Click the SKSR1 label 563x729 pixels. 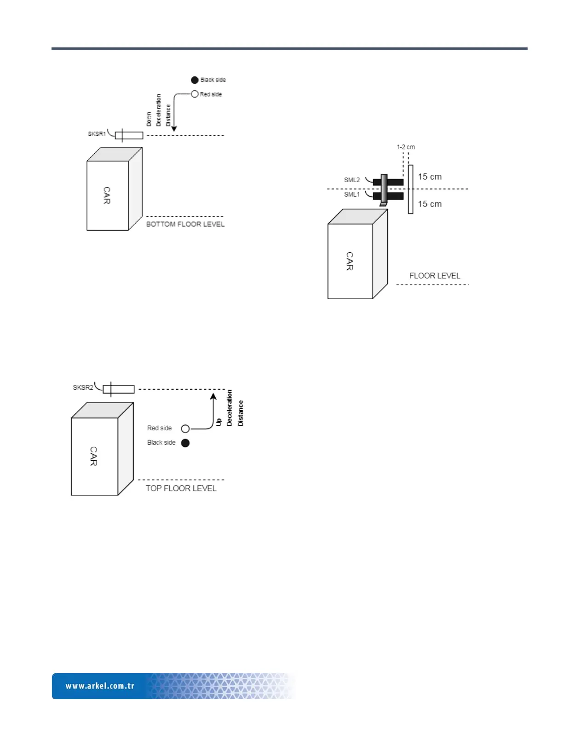[x=97, y=134]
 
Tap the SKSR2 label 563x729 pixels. [x=83, y=388]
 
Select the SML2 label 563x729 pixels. [x=352, y=180]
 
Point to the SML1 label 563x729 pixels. [x=352, y=195]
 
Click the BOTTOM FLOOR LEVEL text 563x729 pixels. [x=185, y=224]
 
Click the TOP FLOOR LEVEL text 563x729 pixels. [x=181, y=488]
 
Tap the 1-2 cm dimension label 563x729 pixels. [x=406, y=147]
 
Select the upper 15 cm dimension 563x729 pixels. [x=430, y=177]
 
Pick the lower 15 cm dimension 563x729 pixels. [x=430, y=204]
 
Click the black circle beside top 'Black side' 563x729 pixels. [x=195, y=80]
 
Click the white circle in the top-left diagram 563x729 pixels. [x=195, y=94]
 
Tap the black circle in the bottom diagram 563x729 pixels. [x=185, y=443]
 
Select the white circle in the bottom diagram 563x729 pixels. [x=185, y=429]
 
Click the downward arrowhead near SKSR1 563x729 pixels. [x=174, y=129]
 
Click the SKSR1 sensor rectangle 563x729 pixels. [x=129, y=135]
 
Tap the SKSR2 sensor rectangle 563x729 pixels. [x=119, y=389]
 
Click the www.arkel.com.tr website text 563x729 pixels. [x=100, y=686]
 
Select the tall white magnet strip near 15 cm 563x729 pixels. [x=410, y=189]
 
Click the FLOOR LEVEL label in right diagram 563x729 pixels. [x=435, y=276]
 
